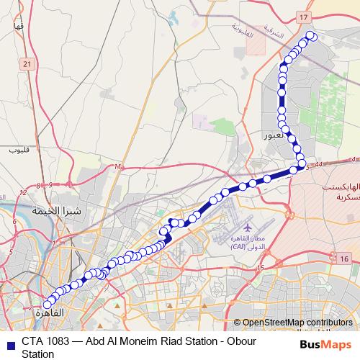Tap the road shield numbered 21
point(27,65)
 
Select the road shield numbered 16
point(345,258)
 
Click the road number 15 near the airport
point(260,268)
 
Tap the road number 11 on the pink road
point(117,167)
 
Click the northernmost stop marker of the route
point(311,35)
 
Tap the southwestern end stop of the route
point(48,304)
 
